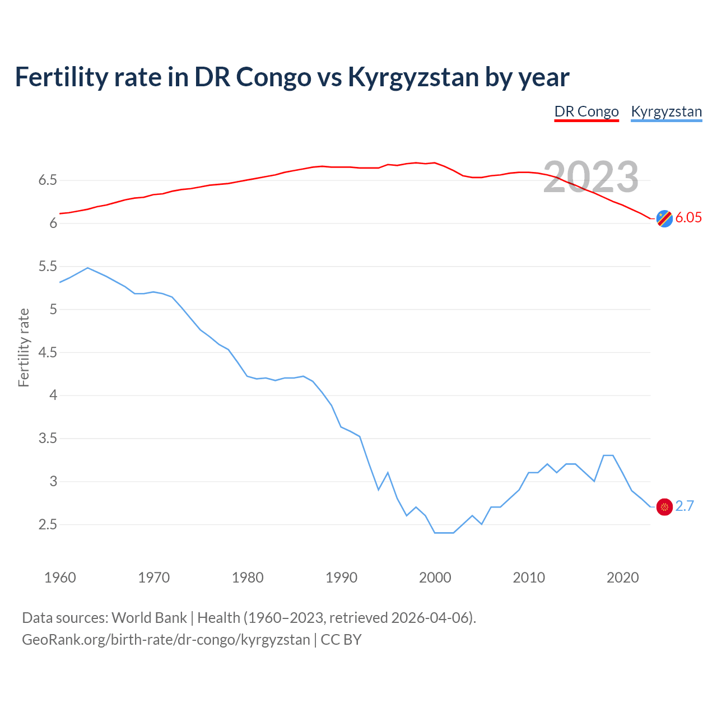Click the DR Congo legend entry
pyautogui.click(x=586, y=111)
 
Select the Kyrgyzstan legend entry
pyautogui.click(x=666, y=111)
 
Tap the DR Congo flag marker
pyautogui.click(x=664, y=218)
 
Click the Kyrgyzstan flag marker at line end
pyautogui.click(x=664, y=507)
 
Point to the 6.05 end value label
pyautogui.click(x=688, y=218)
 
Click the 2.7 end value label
pyautogui.click(x=685, y=506)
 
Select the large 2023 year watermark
pyautogui.click(x=591, y=177)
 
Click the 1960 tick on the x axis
pyautogui.click(x=60, y=578)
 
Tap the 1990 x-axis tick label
pyautogui.click(x=341, y=578)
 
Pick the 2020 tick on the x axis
pyautogui.click(x=622, y=578)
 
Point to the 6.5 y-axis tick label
pyautogui.click(x=48, y=180)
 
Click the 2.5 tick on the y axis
pyautogui.click(x=48, y=525)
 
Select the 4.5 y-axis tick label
pyautogui.click(x=48, y=353)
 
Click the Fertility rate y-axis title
pyautogui.click(x=24, y=347)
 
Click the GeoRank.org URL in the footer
pyautogui.click(x=166, y=640)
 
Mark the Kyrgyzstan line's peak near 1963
pyautogui.click(x=88, y=268)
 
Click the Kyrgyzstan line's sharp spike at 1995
pyautogui.click(x=388, y=473)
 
